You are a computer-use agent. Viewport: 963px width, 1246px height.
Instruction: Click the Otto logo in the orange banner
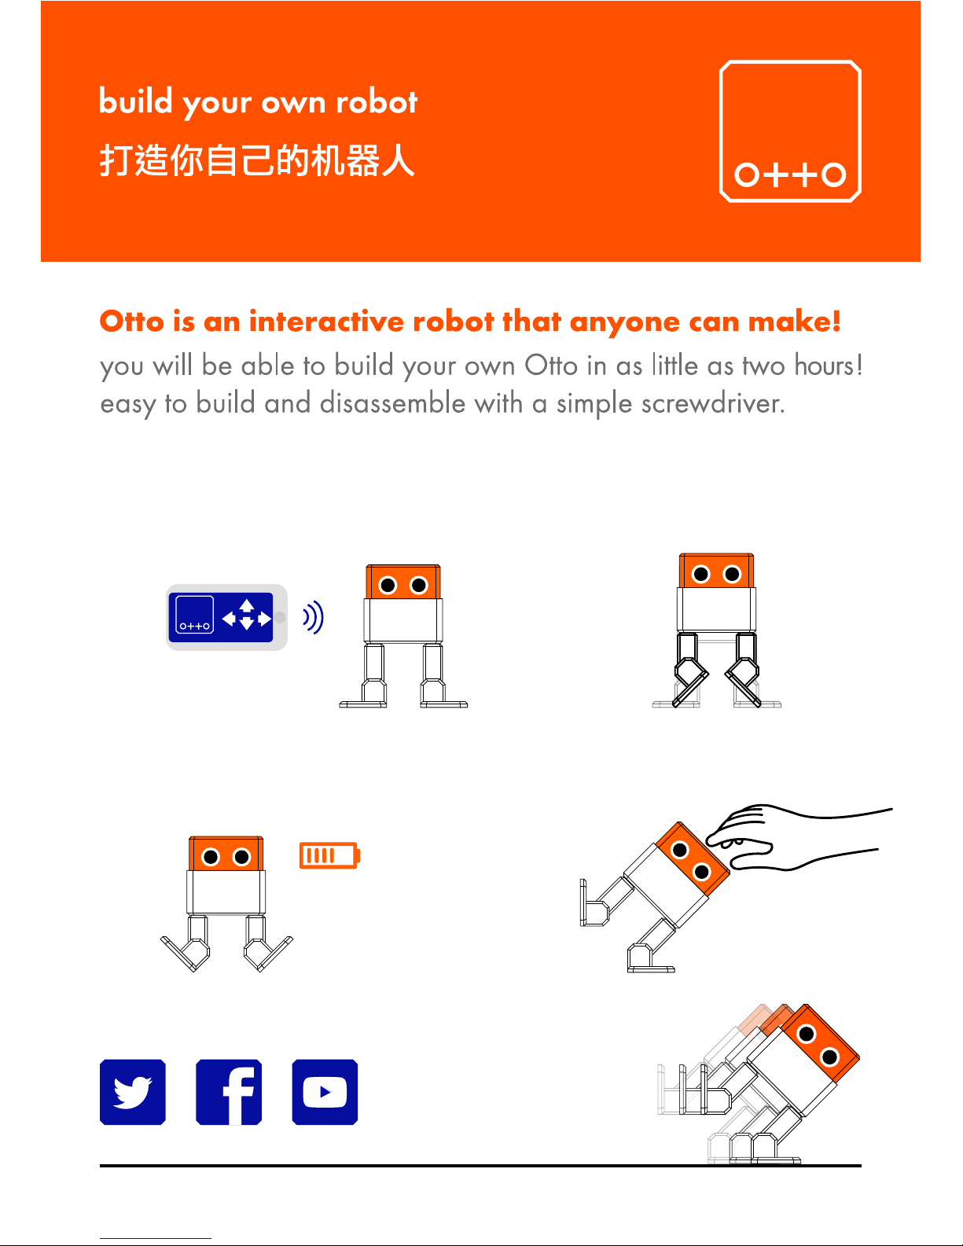coord(790,131)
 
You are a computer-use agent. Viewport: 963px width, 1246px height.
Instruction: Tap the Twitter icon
coord(132,1092)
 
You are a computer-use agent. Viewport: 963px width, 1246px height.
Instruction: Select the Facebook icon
coord(229,1092)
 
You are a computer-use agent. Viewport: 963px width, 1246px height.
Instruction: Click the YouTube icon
coord(325,1092)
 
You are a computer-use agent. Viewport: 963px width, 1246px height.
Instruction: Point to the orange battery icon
coord(329,855)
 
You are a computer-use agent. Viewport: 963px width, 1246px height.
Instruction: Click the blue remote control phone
coord(226,617)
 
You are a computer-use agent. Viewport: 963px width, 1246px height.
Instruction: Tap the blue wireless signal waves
coord(314,618)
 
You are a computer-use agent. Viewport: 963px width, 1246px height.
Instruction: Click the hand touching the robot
coord(797,837)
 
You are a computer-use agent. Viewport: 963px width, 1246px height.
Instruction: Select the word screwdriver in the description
coord(712,403)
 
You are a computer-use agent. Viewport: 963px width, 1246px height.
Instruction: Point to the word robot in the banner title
coord(377,101)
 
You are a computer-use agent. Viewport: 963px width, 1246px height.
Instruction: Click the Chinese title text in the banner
coord(257,160)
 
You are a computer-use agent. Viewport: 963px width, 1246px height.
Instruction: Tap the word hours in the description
coord(829,365)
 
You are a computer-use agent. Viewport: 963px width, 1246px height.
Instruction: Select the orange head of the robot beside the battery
coord(226,853)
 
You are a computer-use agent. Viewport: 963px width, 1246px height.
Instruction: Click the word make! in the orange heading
coord(795,321)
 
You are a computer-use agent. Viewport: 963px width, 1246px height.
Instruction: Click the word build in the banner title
coord(136,101)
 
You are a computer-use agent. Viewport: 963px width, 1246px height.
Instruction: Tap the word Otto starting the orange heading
coord(132,321)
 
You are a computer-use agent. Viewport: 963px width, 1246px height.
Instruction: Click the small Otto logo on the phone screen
coord(195,615)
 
